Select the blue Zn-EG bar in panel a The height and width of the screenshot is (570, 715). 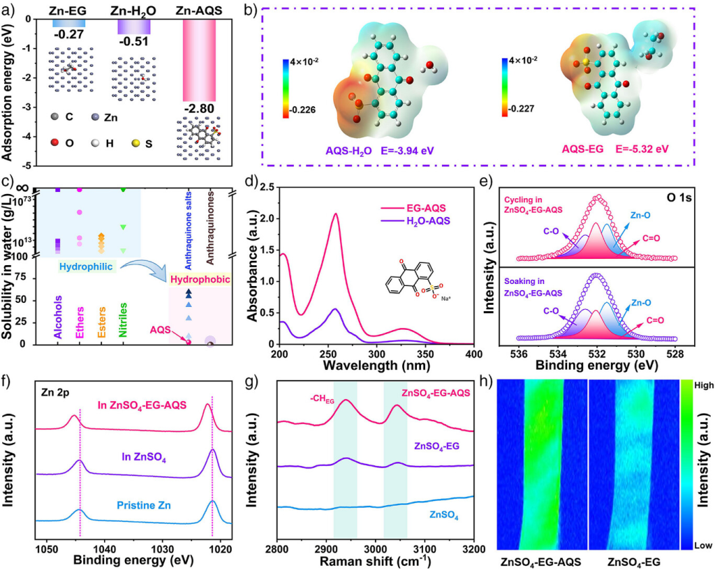[69, 24]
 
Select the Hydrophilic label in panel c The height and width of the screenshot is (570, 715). [81, 267]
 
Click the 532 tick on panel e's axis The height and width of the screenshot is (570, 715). [598, 354]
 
